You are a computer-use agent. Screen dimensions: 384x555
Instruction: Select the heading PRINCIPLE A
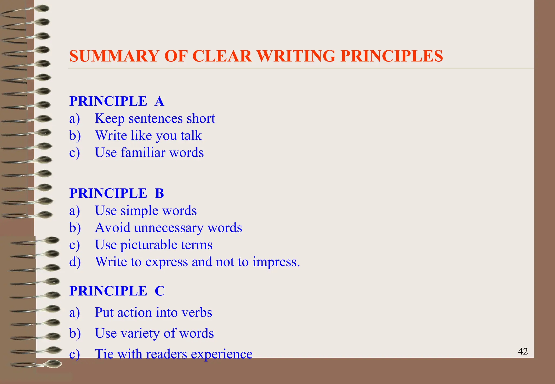pos(117,101)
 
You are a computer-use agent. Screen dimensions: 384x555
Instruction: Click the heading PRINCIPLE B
pos(117,193)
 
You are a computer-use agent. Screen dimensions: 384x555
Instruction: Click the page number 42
pos(523,351)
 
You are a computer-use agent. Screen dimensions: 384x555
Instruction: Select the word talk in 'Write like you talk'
pos(191,135)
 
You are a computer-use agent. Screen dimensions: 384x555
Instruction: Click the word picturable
pos(148,245)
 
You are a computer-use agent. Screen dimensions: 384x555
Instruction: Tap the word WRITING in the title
pos(296,56)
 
